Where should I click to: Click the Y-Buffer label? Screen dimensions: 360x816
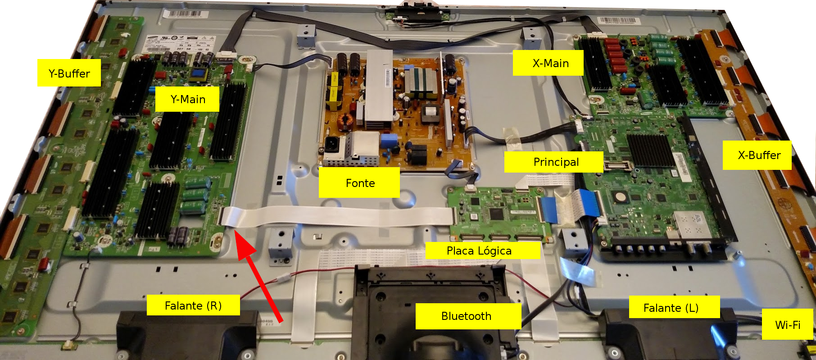click(x=69, y=73)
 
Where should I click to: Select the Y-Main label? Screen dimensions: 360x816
click(x=187, y=99)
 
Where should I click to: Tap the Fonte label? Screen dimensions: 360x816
click(x=359, y=182)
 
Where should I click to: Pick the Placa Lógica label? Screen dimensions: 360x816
click(x=479, y=251)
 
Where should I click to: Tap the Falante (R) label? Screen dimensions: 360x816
click(x=193, y=305)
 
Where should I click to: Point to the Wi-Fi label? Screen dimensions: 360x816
click(x=787, y=324)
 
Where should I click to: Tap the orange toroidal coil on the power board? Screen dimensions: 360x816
click(x=346, y=120)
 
